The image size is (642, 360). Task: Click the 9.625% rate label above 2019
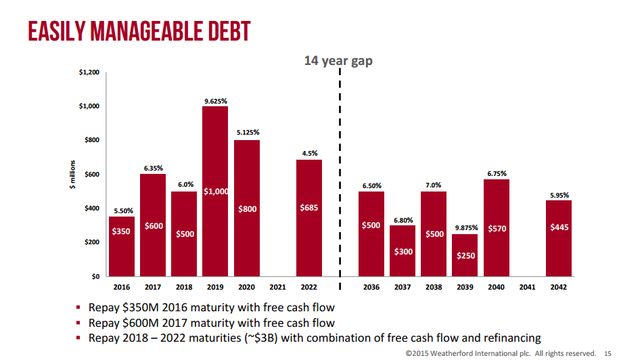(215, 101)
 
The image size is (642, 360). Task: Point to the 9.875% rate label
(465, 227)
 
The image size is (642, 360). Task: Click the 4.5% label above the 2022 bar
(309, 154)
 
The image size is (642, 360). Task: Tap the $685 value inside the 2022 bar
(309, 208)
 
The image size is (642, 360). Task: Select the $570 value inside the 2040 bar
(497, 229)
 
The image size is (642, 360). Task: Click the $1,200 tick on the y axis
(89, 72)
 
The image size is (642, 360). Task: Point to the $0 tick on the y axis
(94, 276)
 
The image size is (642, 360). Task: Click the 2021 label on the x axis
(278, 287)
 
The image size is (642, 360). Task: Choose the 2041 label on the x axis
(528, 287)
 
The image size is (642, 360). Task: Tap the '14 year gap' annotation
(338, 61)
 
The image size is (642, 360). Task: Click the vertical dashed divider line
(340, 169)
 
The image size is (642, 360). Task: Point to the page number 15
(607, 353)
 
